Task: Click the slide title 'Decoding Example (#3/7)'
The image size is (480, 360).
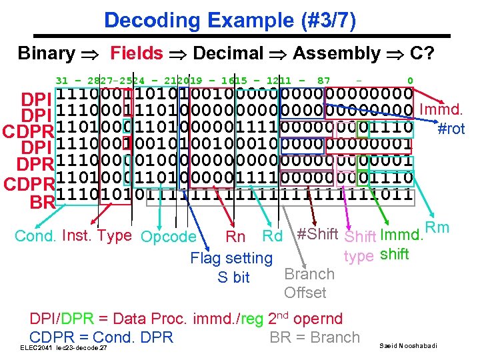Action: (x=230, y=21)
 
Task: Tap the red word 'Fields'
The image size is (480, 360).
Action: (x=136, y=53)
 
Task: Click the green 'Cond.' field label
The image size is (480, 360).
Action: (x=36, y=236)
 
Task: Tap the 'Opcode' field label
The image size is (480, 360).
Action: (x=169, y=237)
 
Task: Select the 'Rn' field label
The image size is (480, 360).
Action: (x=235, y=237)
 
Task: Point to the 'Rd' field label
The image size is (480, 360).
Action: (x=272, y=237)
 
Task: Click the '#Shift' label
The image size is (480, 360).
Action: (x=317, y=233)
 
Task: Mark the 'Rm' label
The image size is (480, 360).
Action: (x=437, y=229)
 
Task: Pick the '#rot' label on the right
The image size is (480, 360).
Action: (x=451, y=129)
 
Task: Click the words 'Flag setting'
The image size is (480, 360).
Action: (x=231, y=258)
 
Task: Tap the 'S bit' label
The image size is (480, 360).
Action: (x=233, y=277)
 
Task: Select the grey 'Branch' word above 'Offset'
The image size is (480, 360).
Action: (x=309, y=274)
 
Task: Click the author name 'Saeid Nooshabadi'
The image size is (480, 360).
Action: (x=409, y=345)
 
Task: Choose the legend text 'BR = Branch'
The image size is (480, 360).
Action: (x=314, y=337)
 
